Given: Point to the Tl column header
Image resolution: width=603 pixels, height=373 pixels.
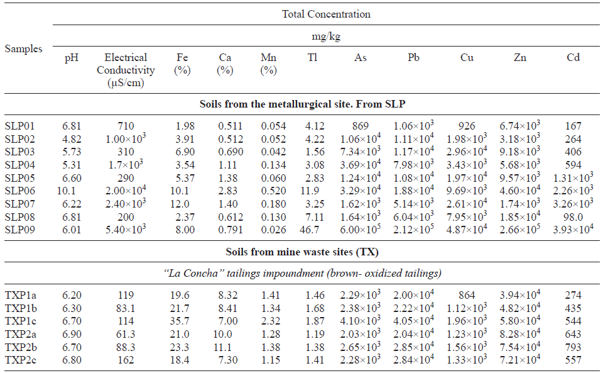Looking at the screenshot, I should (x=312, y=58).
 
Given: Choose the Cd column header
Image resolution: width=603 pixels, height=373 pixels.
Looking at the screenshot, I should (x=572, y=58).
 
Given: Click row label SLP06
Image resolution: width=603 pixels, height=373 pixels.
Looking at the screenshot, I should (x=21, y=191).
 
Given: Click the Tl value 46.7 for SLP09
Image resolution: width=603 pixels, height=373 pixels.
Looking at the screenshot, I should (x=312, y=230).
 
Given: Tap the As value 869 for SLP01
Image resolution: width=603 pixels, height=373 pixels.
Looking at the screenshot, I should (x=361, y=125).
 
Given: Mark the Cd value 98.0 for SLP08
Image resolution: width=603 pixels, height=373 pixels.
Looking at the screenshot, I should (x=572, y=217).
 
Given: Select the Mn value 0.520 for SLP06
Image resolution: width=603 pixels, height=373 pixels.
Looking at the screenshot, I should (x=268, y=191).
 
